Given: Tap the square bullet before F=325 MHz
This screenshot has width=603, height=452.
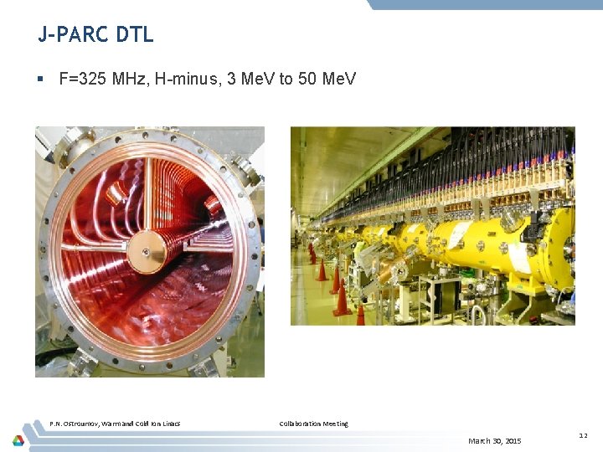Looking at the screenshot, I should tap(39, 80).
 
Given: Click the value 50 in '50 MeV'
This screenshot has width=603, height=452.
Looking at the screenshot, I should tap(308, 80).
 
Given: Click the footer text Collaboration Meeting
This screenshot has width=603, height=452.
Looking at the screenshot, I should tap(313, 424).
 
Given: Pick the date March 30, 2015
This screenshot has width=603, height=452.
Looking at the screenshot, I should tap(494, 440).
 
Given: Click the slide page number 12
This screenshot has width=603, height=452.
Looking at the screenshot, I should tap(583, 435).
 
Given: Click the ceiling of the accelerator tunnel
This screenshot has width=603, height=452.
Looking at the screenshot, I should tap(352, 159).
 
